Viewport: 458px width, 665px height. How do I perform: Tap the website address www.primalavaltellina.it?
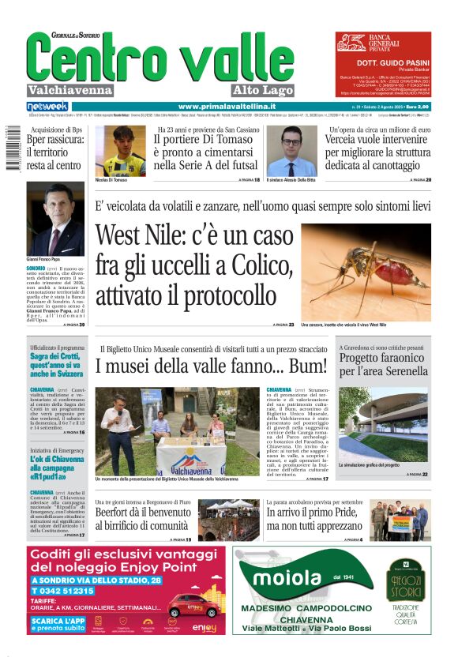tap(227, 106)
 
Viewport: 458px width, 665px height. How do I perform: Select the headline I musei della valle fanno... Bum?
tap(211, 366)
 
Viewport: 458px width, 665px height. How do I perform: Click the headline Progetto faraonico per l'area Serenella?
tap(384, 364)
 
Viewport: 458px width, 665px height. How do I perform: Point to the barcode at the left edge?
tap(8, 147)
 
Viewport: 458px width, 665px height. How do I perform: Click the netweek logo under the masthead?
tap(47, 106)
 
